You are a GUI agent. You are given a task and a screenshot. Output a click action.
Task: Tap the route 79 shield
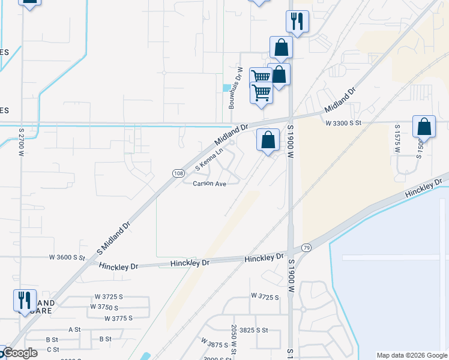click(x=307, y=247)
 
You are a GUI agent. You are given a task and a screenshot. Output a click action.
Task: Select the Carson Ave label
click(x=209, y=184)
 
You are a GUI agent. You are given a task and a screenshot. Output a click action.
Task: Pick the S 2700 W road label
click(x=21, y=140)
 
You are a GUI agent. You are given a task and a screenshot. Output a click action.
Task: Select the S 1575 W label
click(x=397, y=139)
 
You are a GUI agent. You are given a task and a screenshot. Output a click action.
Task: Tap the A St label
click(x=74, y=329)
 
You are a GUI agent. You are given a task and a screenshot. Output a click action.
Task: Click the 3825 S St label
click(x=253, y=330)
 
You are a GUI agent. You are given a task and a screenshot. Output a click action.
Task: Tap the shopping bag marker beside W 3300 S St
click(x=424, y=127)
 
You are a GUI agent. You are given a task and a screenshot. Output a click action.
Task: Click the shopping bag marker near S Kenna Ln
click(x=268, y=140)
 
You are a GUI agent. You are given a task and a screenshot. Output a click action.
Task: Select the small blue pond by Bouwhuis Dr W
click(x=226, y=88)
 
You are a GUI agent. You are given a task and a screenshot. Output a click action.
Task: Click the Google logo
click(x=19, y=353)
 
